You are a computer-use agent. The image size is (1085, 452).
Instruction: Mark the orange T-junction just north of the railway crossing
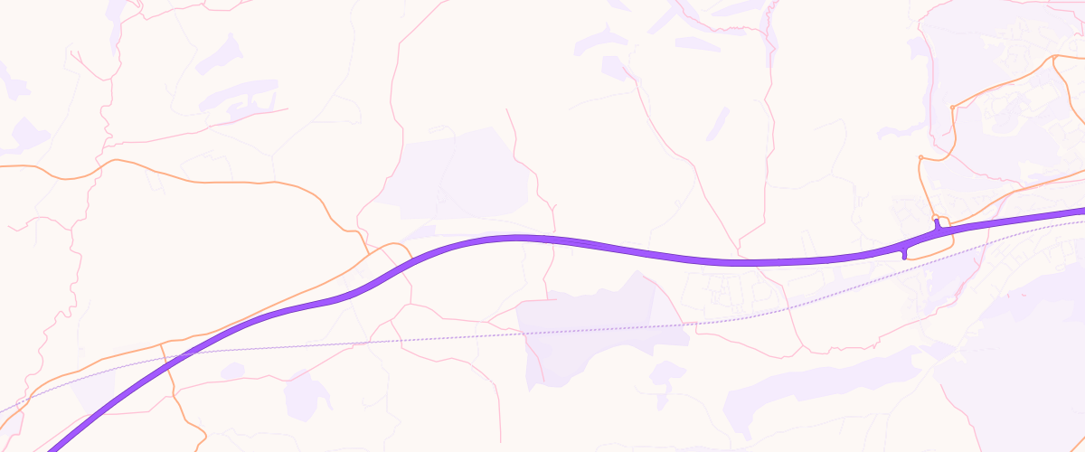pyautogui.click(x=161, y=344)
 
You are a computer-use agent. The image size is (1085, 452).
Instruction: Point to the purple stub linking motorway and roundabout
pyautogui.click(x=937, y=225)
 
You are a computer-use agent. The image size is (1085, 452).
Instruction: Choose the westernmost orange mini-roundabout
pyautogui.click(x=920, y=157)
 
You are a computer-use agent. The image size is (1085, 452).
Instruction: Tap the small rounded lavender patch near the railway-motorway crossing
pyautogui.click(x=232, y=371)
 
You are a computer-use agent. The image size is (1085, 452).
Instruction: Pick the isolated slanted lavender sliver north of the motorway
pyautogui.click(x=718, y=123)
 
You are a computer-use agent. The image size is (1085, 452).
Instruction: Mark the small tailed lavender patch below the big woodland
pyautogui.click(x=667, y=372)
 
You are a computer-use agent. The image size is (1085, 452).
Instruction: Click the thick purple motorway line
pyautogui.click(x=633, y=250)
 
